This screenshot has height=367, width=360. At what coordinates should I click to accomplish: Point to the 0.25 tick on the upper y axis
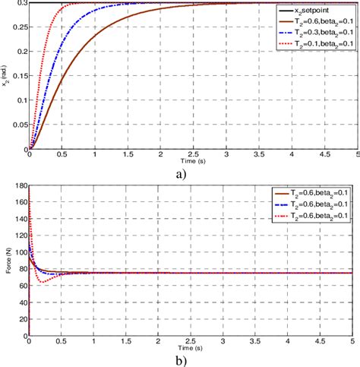(19, 27)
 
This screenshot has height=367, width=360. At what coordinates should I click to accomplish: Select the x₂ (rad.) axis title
(6, 76)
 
